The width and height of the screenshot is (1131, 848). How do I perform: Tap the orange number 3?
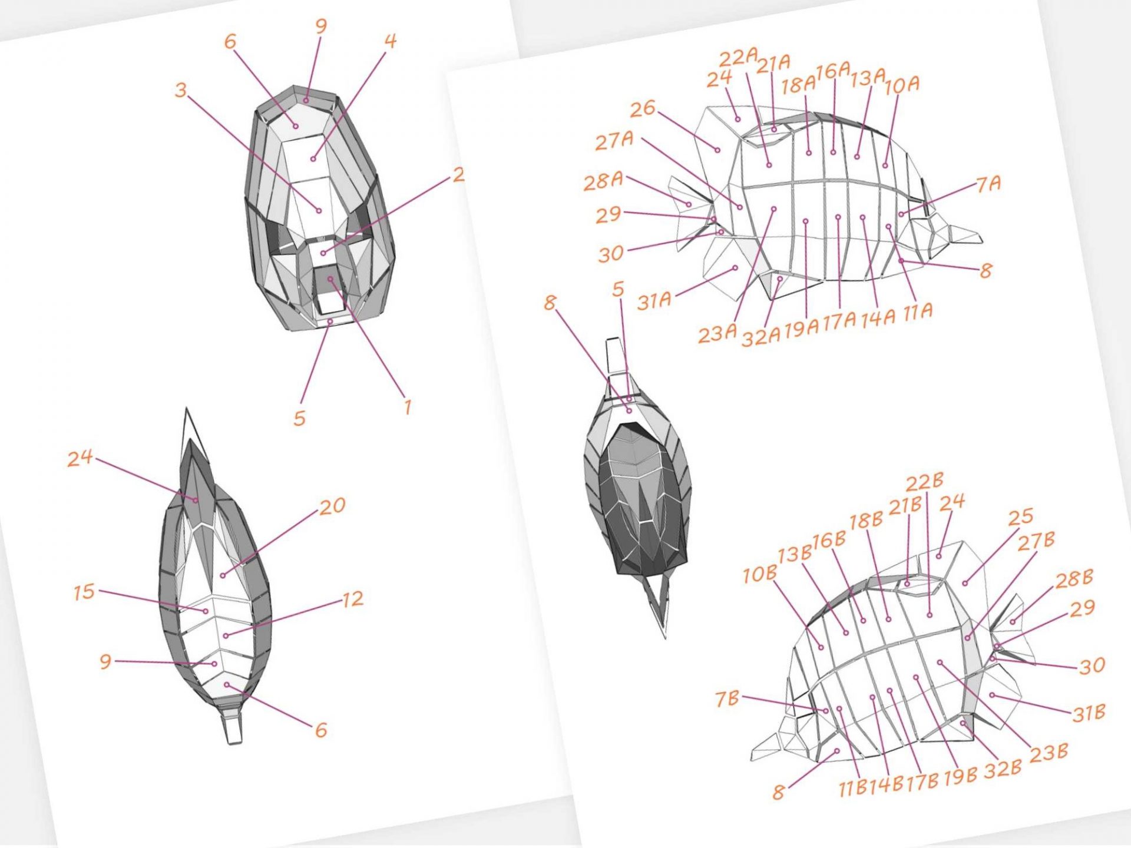181,90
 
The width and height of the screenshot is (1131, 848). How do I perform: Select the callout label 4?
390,41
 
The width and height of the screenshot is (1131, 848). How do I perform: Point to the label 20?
333,506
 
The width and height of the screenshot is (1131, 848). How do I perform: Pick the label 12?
352,599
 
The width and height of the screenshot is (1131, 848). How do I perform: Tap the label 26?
643,108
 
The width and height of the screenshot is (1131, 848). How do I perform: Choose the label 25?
1021,516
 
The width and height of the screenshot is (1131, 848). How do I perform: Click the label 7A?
989,184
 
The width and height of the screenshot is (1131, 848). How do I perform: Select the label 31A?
654,301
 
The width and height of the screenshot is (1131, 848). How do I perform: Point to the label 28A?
603,181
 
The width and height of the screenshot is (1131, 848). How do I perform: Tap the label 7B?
727,698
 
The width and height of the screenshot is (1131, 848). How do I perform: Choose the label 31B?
1089,714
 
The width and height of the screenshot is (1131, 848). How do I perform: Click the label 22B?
925,482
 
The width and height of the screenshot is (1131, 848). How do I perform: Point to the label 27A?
614,141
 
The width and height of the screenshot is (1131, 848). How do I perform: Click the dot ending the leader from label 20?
223,575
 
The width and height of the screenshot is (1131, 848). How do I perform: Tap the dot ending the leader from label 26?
717,150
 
